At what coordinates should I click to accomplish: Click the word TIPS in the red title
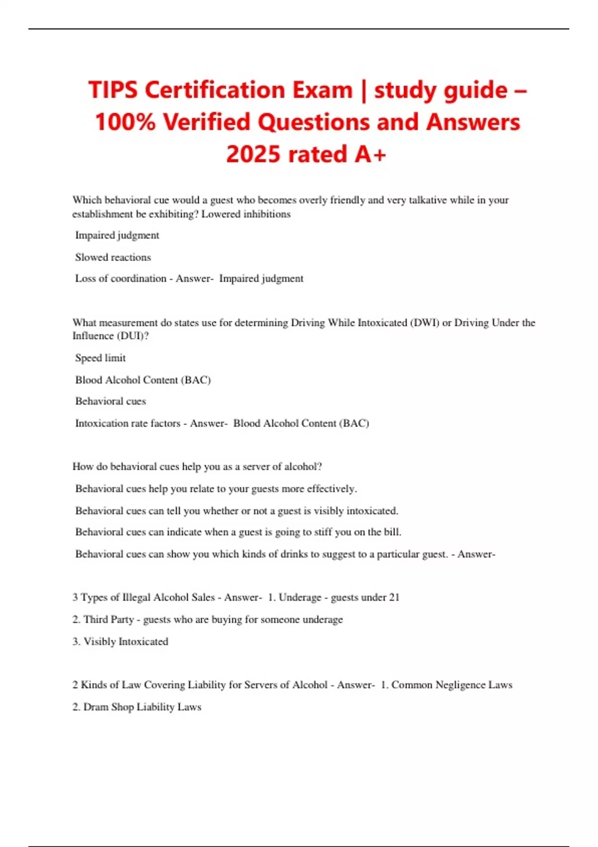coord(113,90)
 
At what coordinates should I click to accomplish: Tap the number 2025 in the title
coord(252,154)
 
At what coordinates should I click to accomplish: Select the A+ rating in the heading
coord(370,154)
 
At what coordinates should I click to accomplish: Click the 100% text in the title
coord(125,122)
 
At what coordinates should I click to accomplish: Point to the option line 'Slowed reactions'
coord(113,257)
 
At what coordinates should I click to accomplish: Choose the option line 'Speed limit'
coord(100,358)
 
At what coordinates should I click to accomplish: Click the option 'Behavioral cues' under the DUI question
coord(110,401)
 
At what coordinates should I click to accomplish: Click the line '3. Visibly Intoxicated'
coord(120,641)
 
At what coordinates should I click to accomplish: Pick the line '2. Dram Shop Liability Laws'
coord(137,706)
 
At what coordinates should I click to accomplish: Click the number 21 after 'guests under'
coord(394,597)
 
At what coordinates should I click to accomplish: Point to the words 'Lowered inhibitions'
coord(246,214)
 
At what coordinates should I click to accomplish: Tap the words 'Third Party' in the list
coord(109,619)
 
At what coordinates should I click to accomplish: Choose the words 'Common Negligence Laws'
coord(451,685)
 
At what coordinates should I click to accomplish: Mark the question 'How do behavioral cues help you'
coord(197,466)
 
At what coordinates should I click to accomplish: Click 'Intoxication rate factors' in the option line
coord(128,423)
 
